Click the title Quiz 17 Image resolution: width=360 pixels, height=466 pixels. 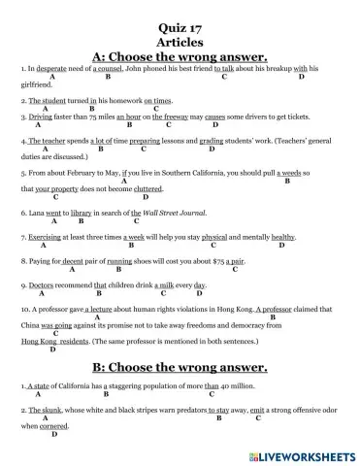tap(179, 14)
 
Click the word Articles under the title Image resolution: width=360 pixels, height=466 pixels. tap(179, 27)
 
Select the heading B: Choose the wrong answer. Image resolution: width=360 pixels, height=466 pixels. tap(179, 366)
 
